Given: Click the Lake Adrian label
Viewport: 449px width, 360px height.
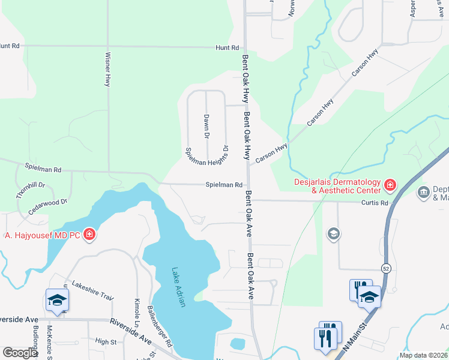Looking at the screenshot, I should (x=178, y=287).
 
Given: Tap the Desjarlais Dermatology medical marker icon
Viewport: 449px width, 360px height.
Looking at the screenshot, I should (x=390, y=185).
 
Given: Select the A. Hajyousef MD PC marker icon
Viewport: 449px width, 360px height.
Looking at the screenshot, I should (x=89, y=234).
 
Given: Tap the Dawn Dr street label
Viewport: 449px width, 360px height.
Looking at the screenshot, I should (x=206, y=127).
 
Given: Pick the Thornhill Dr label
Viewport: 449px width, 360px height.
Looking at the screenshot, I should (x=31, y=191).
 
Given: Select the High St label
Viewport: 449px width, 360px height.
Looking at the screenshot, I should (x=106, y=342).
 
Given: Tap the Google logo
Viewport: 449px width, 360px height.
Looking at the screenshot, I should (x=20, y=353).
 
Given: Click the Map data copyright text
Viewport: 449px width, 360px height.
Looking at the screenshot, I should (x=423, y=355).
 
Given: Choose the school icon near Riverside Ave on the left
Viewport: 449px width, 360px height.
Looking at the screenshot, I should (x=57, y=299).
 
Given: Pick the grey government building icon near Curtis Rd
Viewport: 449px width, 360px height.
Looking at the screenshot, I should (x=423, y=192).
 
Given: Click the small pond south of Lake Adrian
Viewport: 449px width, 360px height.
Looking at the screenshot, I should (x=238, y=344).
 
